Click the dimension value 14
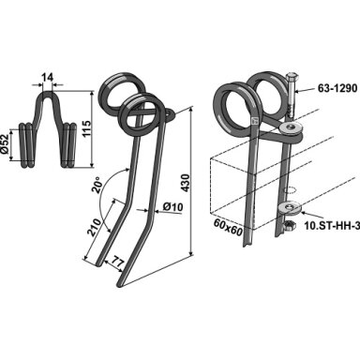[47, 77]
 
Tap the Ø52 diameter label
[5, 144]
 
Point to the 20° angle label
[97, 185]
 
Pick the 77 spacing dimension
[116, 262]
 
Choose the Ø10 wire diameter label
[172, 207]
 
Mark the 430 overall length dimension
[185, 183]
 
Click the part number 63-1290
[337, 88]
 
